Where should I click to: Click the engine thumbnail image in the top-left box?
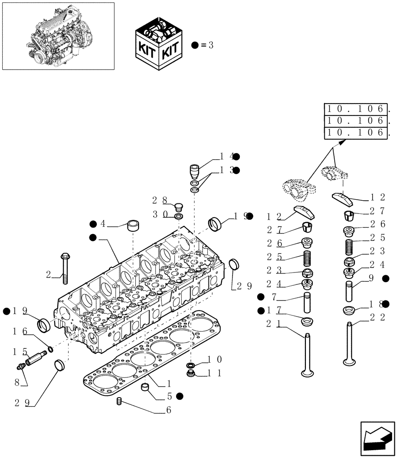(58, 36)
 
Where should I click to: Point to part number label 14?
(226, 157)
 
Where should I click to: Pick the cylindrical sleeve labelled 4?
(133, 225)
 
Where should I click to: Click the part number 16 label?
(19, 331)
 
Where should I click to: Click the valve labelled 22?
(350, 343)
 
